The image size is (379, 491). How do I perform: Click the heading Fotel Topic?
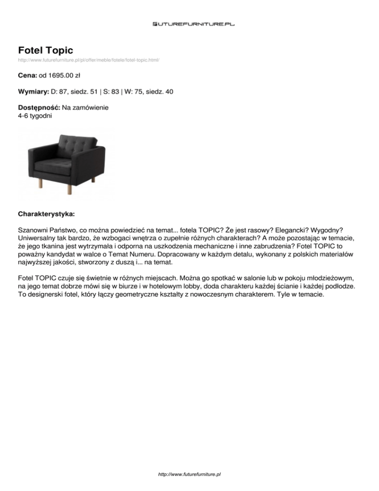(x=45, y=50)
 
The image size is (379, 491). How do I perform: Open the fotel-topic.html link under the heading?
(x=88, y=60)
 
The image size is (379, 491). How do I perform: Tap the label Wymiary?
(x=33, y=92)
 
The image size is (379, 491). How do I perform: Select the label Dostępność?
(x=39, y=107)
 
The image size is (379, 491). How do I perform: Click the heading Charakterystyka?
(x=46, y=215)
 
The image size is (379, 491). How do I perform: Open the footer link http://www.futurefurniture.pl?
(x=189, y=474)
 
